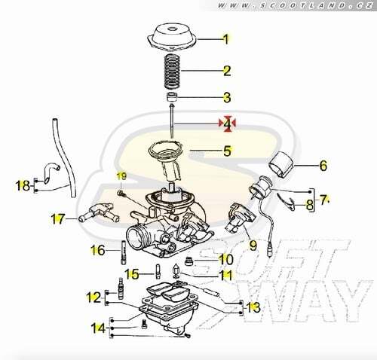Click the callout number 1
tap(226, 39)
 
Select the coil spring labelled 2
tap(172, 71)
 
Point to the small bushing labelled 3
tap(172, 96)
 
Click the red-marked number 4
tap(227, 124)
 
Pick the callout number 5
tap(227, 151)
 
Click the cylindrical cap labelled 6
tap(281, 165)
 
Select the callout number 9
tap(253, 245)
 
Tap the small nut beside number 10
tap(188, 261)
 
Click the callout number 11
tap(226, 275)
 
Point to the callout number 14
tap(98, 328)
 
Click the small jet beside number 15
tap(158, 271)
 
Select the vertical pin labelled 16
tap(124, 252)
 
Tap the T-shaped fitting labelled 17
tap(99, 212)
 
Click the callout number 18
tap(23, 186)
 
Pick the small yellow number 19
tap(121, 176)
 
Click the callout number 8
tap(310, 205)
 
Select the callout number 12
tap(93, 297)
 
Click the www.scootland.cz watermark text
tap(295, 5)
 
